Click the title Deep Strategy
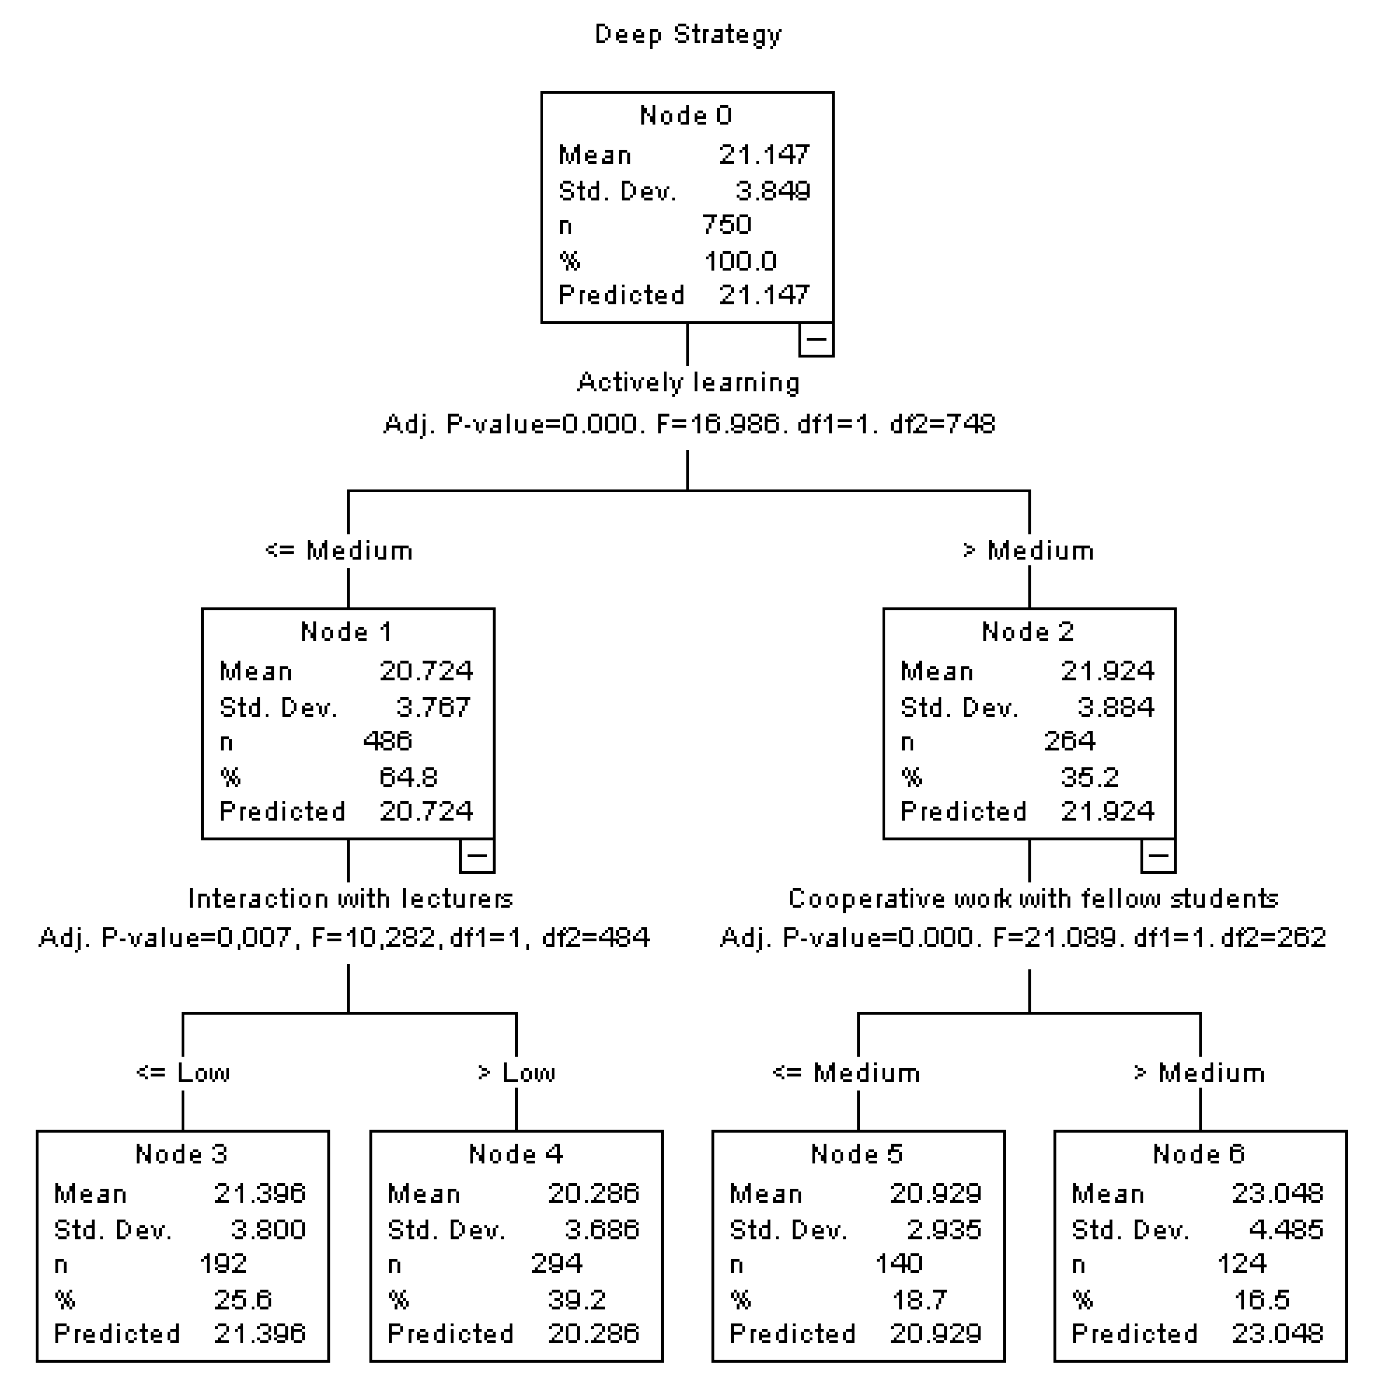pos(687,34)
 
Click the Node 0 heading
pos(686,115)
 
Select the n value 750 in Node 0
pos(726,225)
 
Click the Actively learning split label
pos(688,382)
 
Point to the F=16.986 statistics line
pos(688,424)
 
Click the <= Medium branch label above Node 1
pos(338,550)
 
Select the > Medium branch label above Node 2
pos(1028,550)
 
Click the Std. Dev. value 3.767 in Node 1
pos(433,707)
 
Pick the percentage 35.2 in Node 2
pos(1089,777)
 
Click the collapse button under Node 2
pos(1157,856)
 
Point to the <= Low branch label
pos(183,1073)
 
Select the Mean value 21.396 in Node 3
pos(259,1193)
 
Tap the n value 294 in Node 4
pos(556,1263)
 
